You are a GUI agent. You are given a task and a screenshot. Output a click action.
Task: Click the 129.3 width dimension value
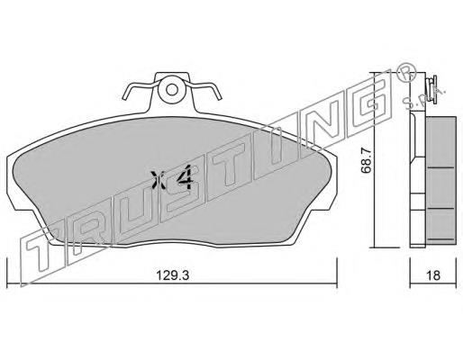click(x=172, y=274)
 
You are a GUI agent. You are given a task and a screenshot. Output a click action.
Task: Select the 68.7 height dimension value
click(x=367, y=160)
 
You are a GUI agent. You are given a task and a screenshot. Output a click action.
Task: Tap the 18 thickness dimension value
click(x=433, y=274)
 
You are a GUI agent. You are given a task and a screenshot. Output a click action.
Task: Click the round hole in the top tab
click(x=172, y=89)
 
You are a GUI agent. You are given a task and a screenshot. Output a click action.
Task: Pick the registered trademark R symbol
click(x=406, y=72)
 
